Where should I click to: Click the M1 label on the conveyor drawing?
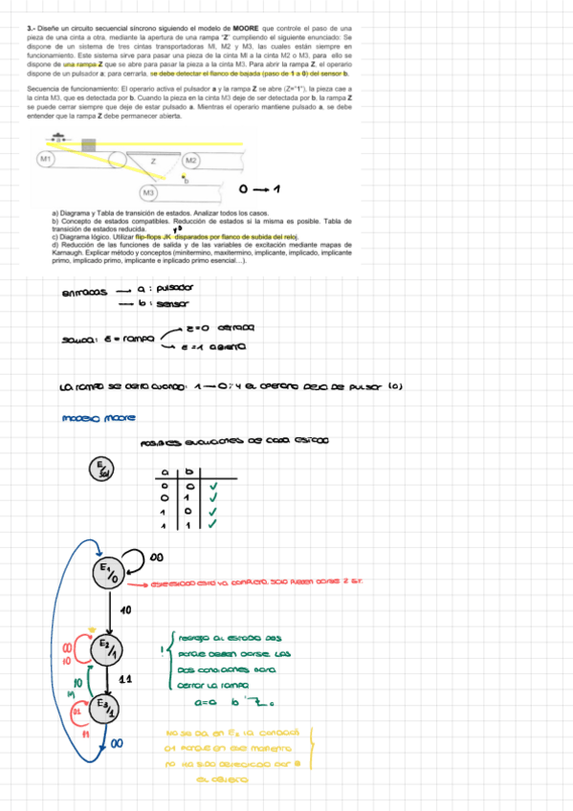[x=45, y=157]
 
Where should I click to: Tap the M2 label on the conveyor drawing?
[x=191, y=160]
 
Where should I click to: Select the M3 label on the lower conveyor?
[x=135, y=192]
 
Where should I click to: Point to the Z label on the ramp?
[x=153, y=161]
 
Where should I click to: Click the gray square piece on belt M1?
[x=89, y=144]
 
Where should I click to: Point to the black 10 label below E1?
[x=124, y=608]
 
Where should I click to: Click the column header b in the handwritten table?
[x=188, y=471]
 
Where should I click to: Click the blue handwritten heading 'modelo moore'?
[x=98, y=418]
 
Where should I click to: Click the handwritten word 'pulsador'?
[x=174, y=288]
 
